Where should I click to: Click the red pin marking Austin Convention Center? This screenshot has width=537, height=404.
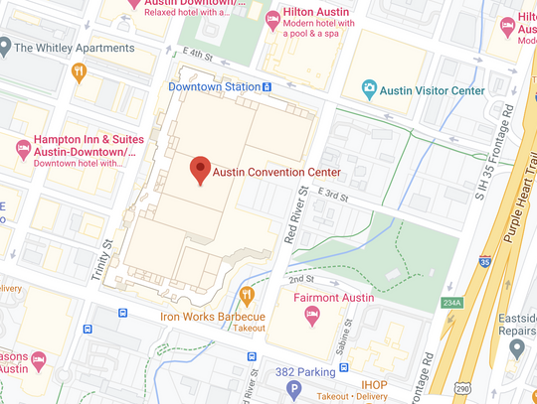[x=200, y=170]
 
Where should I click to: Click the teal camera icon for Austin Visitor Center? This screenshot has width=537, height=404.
[x=370, y=90]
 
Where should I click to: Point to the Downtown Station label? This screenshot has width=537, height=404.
[x=213, y=87]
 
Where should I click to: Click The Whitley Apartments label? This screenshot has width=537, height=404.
[x=74, y=48]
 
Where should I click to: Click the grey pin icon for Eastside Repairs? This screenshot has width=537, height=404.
[x=517, y=348]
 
